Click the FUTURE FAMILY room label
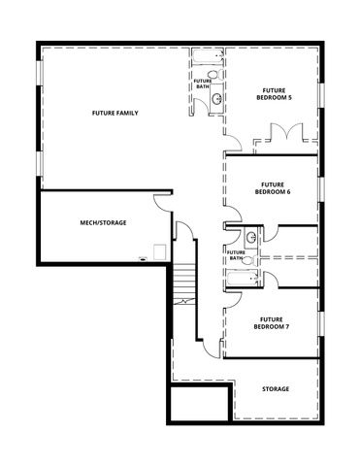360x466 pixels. (x=115, y=114)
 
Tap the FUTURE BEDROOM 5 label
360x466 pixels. (x=272, y=93)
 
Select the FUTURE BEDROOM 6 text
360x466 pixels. (x=271, y=187)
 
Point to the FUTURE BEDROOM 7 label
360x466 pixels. (x=271, y=322)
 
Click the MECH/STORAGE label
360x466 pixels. (x=103, y=222)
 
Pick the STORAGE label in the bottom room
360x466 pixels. (x=276, y=389)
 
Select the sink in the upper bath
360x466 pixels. (x=218, y=99)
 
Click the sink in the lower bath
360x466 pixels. (x=250, y=236)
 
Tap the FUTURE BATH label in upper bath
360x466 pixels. (x=203, y=84)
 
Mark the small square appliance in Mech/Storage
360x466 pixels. (x=145, y=258)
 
